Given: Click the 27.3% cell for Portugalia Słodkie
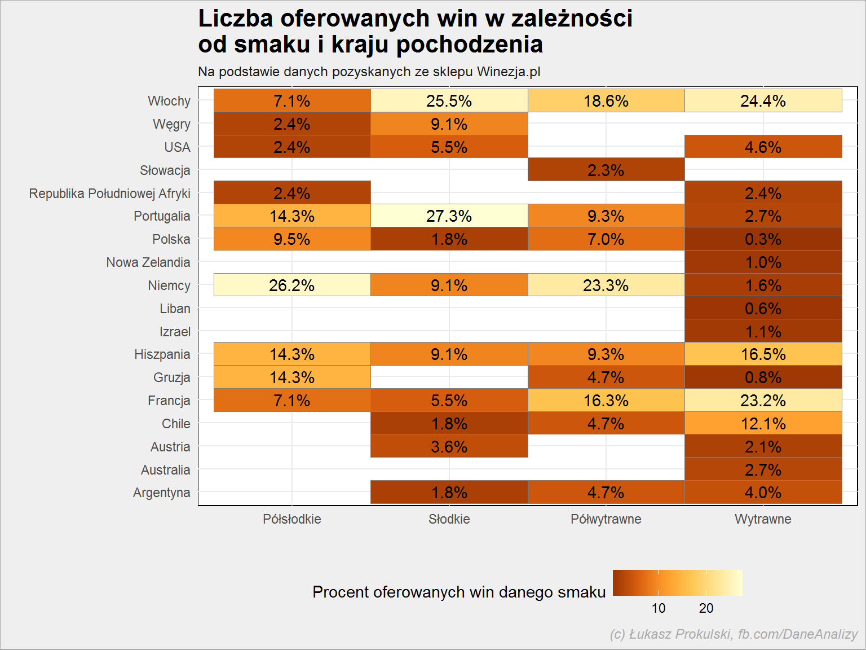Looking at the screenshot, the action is click(x=449, y=216).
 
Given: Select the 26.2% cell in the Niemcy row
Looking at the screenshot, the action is click(x=292, y=285).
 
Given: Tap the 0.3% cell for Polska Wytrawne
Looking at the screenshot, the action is click(x=763, y=239).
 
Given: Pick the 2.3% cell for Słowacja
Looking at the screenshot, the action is click(x=606, y=170).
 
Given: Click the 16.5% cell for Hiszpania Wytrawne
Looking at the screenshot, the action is click(x=763, y=354).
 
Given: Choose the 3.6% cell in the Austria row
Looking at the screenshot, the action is click(x=449, y=446).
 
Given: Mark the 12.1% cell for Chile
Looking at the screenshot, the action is click(x=763, y=424).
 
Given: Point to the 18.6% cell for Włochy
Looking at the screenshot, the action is click(x=606, y=100).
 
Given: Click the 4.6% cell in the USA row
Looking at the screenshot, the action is click(x=763, y=147).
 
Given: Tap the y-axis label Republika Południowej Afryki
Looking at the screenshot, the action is click(x=109, y=194).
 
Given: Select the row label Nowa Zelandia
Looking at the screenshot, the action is click(x=148, y=262).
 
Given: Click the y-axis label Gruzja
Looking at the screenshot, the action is click(x=171, y=377).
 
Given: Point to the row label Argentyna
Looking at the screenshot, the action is click(x=161, y=493).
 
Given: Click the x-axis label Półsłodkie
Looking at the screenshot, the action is click(x=292, y=519).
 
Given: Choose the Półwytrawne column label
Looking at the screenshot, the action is click(x=606, y=519).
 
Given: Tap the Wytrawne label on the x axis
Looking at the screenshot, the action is click(x=763, y=519).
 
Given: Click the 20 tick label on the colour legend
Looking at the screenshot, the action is click(x=706, y=608).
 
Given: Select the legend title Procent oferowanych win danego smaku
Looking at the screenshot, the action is click(x=459, y=592).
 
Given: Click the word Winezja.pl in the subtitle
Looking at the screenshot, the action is click(x=509, y=72).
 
